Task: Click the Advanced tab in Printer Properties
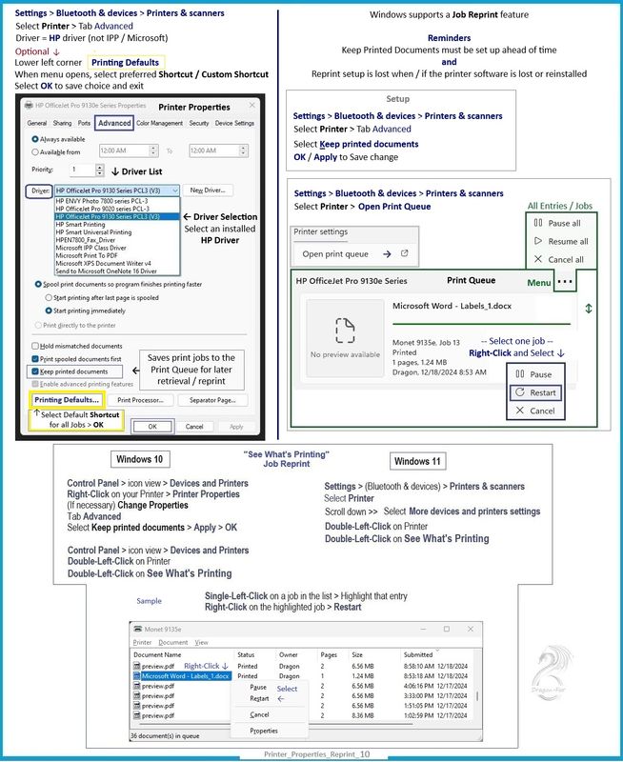(113, 123)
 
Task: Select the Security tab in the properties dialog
(198, 123)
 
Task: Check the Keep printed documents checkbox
(35, 371)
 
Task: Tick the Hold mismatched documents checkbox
(35, 346)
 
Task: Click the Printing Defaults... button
(68, 400)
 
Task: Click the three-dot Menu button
(566, 283)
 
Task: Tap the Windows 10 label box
(138, 460)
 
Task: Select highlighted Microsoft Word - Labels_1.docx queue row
(180, 675)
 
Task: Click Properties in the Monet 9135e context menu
(263, 731)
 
